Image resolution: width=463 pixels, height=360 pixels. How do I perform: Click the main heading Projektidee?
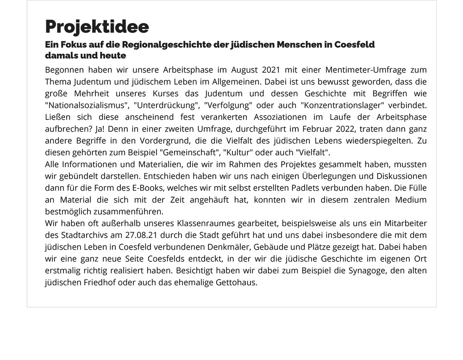(97, 26)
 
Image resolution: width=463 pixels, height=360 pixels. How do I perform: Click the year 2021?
(274, 70)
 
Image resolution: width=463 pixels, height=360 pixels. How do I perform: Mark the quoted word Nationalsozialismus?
(85, 106)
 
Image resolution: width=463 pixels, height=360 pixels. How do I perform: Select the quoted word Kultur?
(236, 153)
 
